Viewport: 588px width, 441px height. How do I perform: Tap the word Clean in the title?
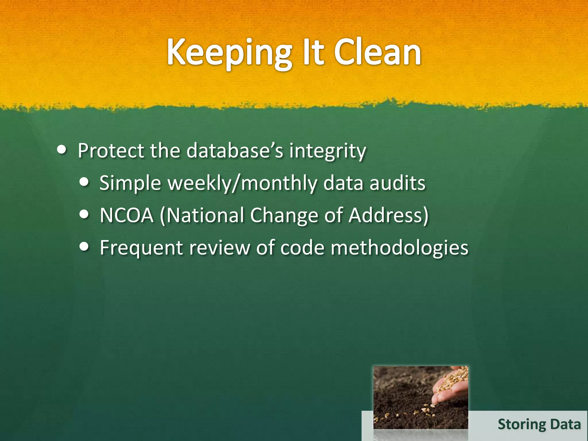(377, 53)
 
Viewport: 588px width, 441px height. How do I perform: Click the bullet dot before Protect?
(61, 150)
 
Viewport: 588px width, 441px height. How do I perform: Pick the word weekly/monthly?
(242, 183)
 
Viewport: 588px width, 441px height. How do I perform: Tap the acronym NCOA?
(127, 215)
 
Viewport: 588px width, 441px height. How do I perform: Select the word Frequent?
(141, 248)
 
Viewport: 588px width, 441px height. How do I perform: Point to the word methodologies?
(399, 248)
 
